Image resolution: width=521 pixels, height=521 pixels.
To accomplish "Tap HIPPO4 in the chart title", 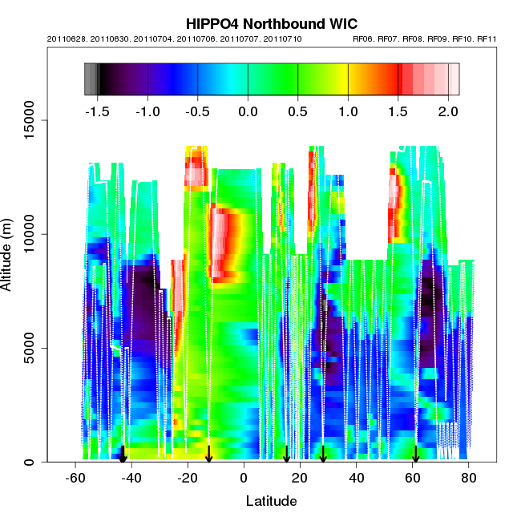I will click(212, 23).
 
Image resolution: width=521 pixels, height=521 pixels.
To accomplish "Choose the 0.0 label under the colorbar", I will click(248, 111).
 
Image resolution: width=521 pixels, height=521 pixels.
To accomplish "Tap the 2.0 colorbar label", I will click(448, 111).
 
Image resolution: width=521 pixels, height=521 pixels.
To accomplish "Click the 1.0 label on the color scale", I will click(348, 111).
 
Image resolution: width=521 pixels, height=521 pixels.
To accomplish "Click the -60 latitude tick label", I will click(75, 478).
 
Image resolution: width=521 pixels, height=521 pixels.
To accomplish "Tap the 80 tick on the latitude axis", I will click(469, 478).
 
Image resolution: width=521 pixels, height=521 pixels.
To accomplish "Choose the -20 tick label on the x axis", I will click(187, 478).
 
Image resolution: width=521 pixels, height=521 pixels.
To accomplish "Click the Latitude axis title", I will click(271, 502).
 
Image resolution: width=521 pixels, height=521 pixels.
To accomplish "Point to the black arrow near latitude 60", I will click(415, 454).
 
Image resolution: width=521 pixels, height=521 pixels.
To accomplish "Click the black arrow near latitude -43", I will click(123, 454).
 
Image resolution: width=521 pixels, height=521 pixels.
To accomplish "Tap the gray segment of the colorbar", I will click(91, 79).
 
